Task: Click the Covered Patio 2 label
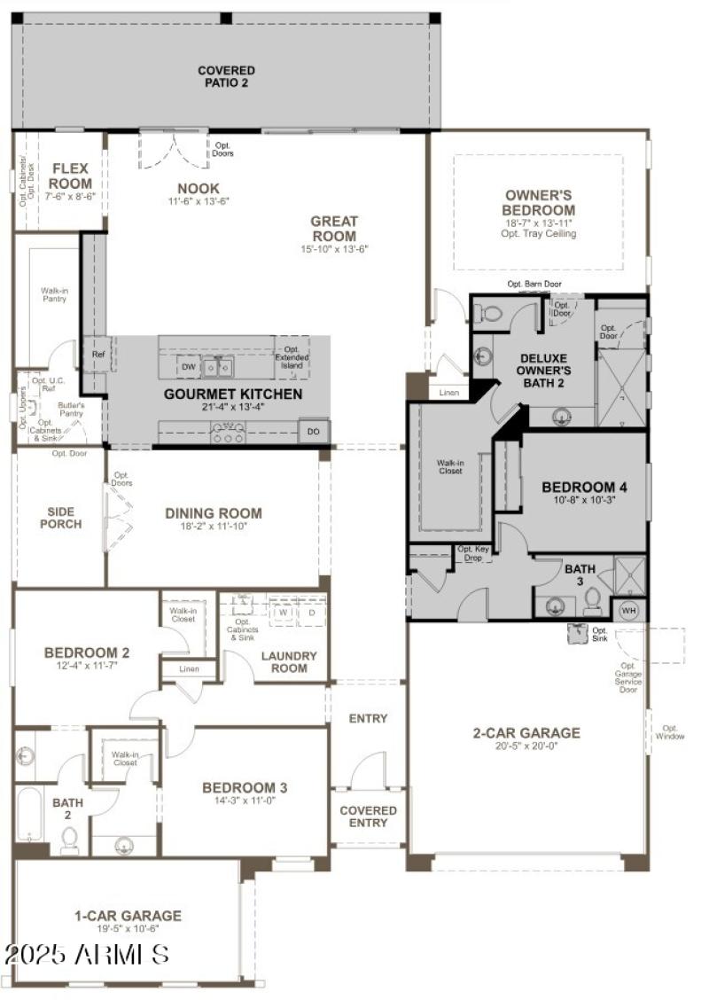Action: pos(226,77)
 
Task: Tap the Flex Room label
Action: pos(71,176)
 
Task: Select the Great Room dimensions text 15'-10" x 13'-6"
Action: pos(333,249)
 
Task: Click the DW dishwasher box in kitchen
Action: pos(188,366)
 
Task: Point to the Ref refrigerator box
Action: pos(98,354)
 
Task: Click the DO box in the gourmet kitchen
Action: pos(313,431)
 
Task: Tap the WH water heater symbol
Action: pos(629,610)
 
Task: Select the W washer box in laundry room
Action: pos(283,612)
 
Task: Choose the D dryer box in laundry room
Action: pos(311,612)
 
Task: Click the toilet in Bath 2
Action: pos(69,839)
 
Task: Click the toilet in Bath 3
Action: pos(592,603)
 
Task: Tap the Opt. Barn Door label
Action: pos(534,285)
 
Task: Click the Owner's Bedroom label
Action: pos(540,202)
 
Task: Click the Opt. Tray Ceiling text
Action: pos(539,234)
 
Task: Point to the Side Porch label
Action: pos(60,518)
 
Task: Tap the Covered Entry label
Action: pos(369,816)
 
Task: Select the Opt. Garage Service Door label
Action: pos(629,677)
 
